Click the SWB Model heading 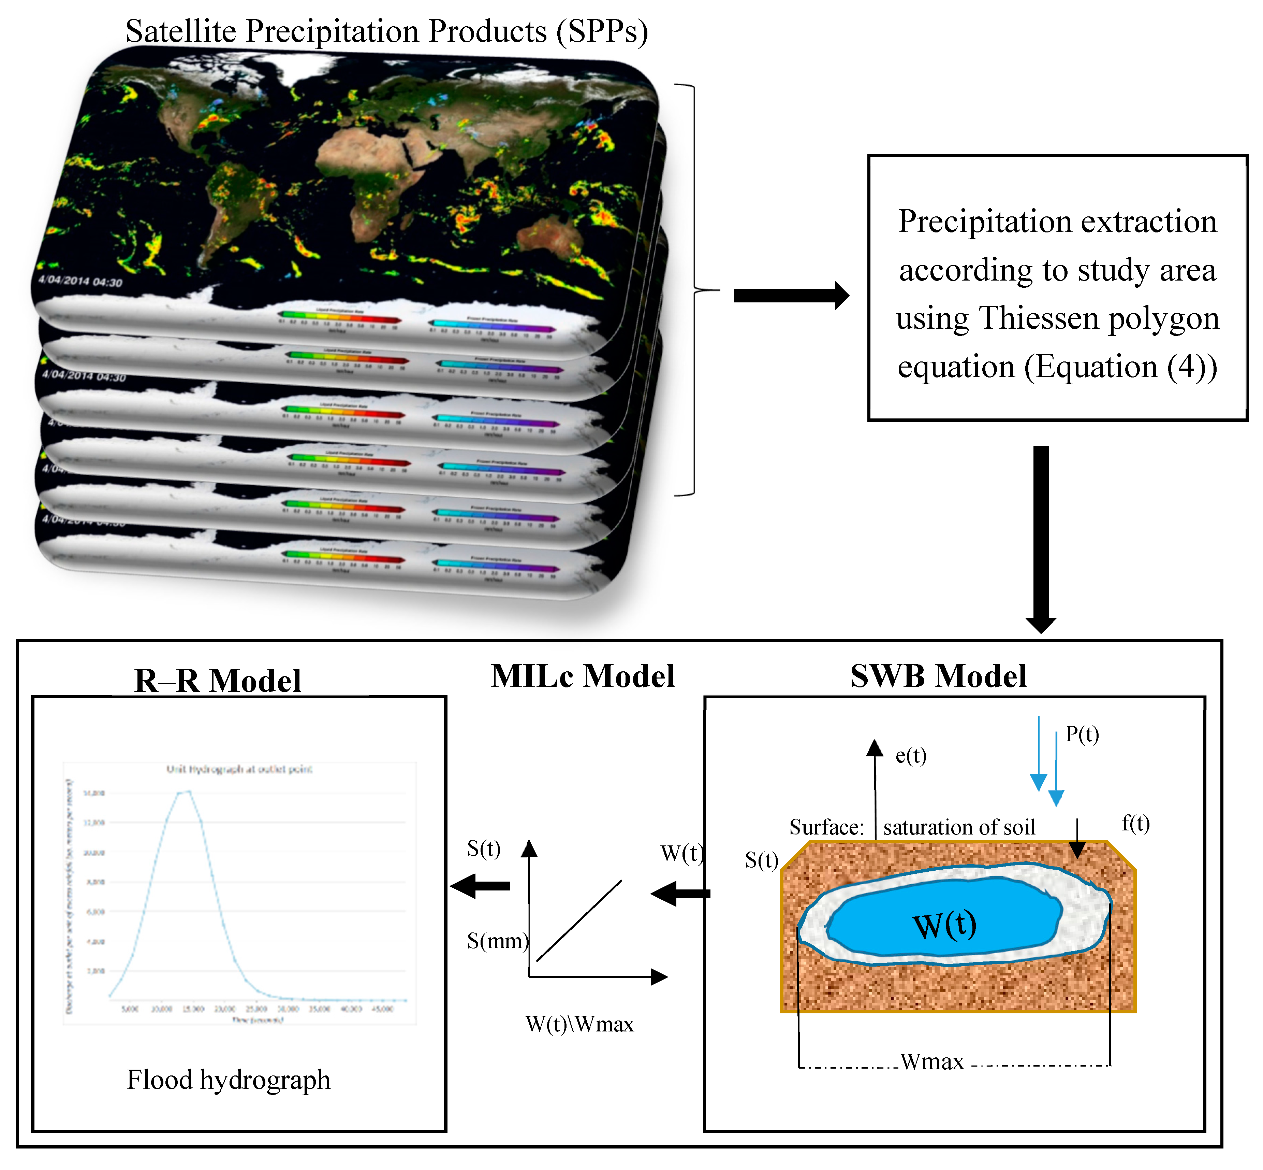point(938,676)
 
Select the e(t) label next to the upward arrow point(911,755)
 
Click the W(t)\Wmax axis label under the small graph point(579,1024)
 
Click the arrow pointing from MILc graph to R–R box point(481,886)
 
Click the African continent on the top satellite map point(367,171)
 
